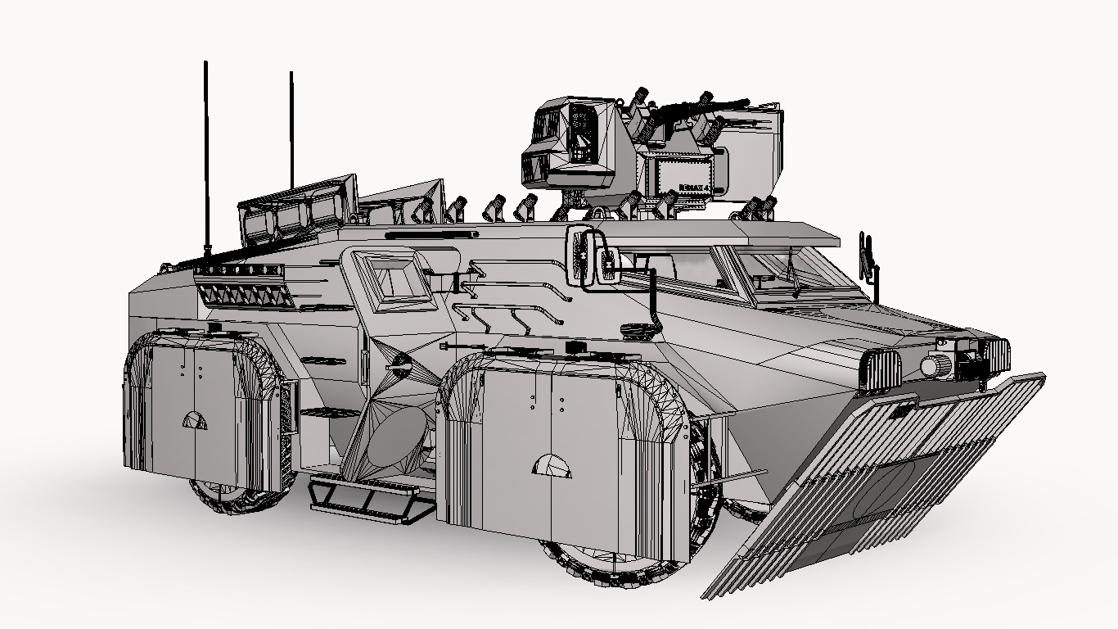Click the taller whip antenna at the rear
pos(205,156)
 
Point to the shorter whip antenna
pos(291,131)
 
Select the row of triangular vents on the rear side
pos(244,295)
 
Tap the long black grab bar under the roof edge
pos(431,235)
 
